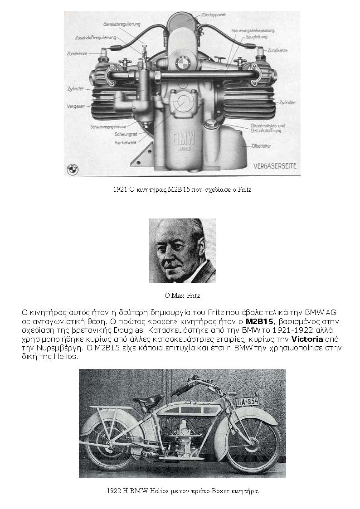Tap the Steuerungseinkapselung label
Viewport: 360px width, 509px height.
click(253, 30)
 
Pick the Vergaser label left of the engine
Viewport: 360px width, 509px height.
click(76, 106)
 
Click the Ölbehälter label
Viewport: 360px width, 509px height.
click(262, 146)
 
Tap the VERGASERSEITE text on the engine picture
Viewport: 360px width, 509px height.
click(275, 166)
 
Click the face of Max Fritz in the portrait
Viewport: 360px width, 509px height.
click(178, 250)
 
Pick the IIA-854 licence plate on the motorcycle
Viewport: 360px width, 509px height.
click(247, 401)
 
